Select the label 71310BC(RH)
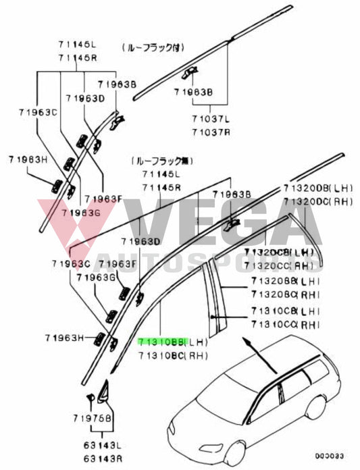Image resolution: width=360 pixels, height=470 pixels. [173, 355]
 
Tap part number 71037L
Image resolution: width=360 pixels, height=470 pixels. [210, 119]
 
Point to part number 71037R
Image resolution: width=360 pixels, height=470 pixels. [210, 131]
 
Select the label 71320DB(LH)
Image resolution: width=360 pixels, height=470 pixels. [317, 189]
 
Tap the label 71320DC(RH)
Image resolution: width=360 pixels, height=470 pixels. [317, 201]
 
